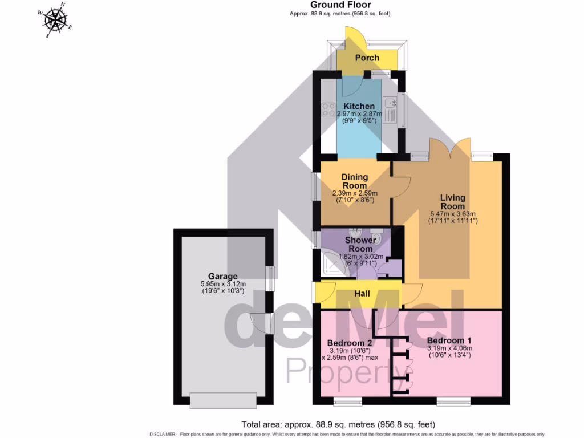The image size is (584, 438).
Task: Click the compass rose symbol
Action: pyautogui.click(x=55, y=20)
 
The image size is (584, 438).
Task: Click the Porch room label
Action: pyautogui.click(x=367, y=58)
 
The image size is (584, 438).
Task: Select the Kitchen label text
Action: pyautogui.click(x=359, y=106)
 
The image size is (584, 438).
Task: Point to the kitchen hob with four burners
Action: pyautogui.click(x=328, y=108)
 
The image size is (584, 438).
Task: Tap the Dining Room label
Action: pyautogui.click(x=354, y=181)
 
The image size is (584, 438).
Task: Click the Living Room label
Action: pyautogui.click(x=452, y=202)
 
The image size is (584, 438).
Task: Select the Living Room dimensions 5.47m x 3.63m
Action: pyautogui.click(x=452, y=214)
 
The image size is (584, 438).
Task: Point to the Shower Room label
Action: pyautogui.click(x=360, y=245)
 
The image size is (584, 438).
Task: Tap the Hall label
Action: pyautogui.click(x=362, y=294)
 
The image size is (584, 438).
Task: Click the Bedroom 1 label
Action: pyautogui.click(x=450, y=340)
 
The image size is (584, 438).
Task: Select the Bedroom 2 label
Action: pyautogui.click(x=350, y=343)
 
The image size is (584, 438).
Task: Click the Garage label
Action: pyautogui.click(x=222, y=277)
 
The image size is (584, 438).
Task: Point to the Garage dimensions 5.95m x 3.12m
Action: pyautogui.click(x=223, y=284)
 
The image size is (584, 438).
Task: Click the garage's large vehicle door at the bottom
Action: pyautogui.click(x=223, y=400)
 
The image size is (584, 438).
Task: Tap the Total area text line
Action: pyautogui.click(x=338, y=424)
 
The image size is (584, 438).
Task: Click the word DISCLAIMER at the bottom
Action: pyautogui.click(x=163, y=434)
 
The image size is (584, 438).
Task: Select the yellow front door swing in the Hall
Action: pyautogui.click(x=326, y=293)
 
